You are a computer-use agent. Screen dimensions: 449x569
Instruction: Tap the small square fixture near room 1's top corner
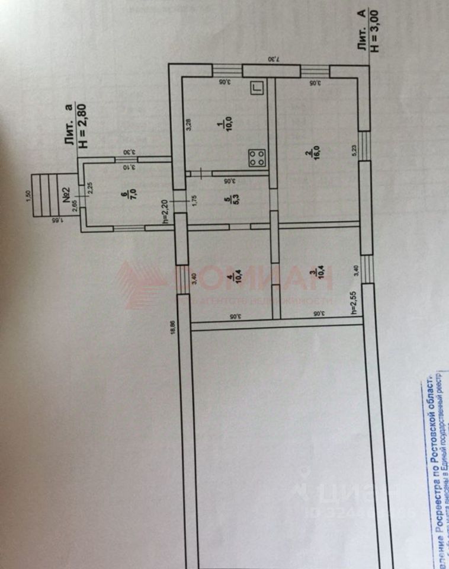256,88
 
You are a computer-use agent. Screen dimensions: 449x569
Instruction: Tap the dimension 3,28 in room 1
188,125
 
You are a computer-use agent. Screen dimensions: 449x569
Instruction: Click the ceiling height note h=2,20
167,211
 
